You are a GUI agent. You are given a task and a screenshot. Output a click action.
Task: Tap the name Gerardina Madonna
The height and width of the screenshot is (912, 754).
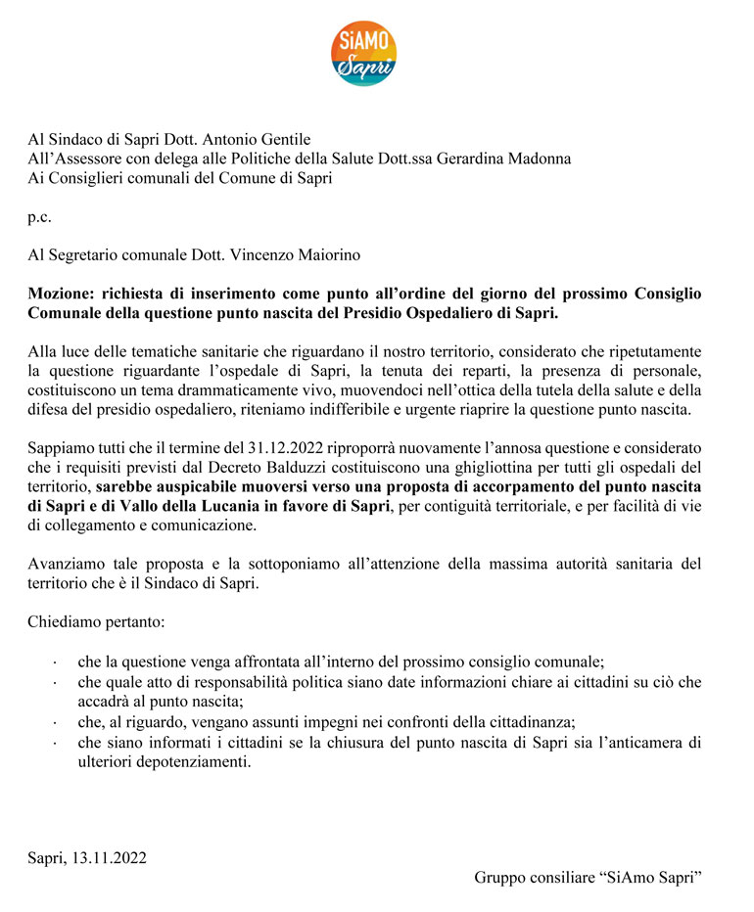pos(512,159)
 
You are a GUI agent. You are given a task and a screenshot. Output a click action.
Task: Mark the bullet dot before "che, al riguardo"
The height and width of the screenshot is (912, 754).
pos(55,724)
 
